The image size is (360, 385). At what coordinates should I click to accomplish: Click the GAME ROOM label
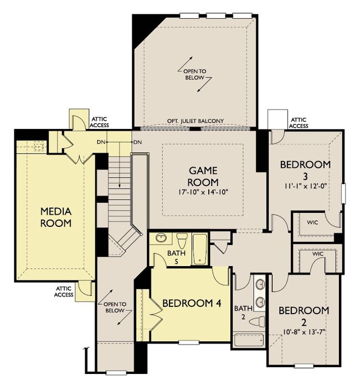(203, 176)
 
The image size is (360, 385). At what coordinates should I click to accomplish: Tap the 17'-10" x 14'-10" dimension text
(203, 191)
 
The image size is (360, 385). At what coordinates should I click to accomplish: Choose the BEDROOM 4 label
(188, 303)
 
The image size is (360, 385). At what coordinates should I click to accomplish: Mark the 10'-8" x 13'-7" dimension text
(304, 332)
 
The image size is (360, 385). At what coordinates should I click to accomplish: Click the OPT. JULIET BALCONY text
(194, 121)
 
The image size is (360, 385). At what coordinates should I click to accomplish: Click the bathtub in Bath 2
(248, 340)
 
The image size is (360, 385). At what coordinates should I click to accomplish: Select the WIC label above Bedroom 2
(318, 254)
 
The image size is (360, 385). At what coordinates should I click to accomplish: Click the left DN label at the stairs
(101, 142)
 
